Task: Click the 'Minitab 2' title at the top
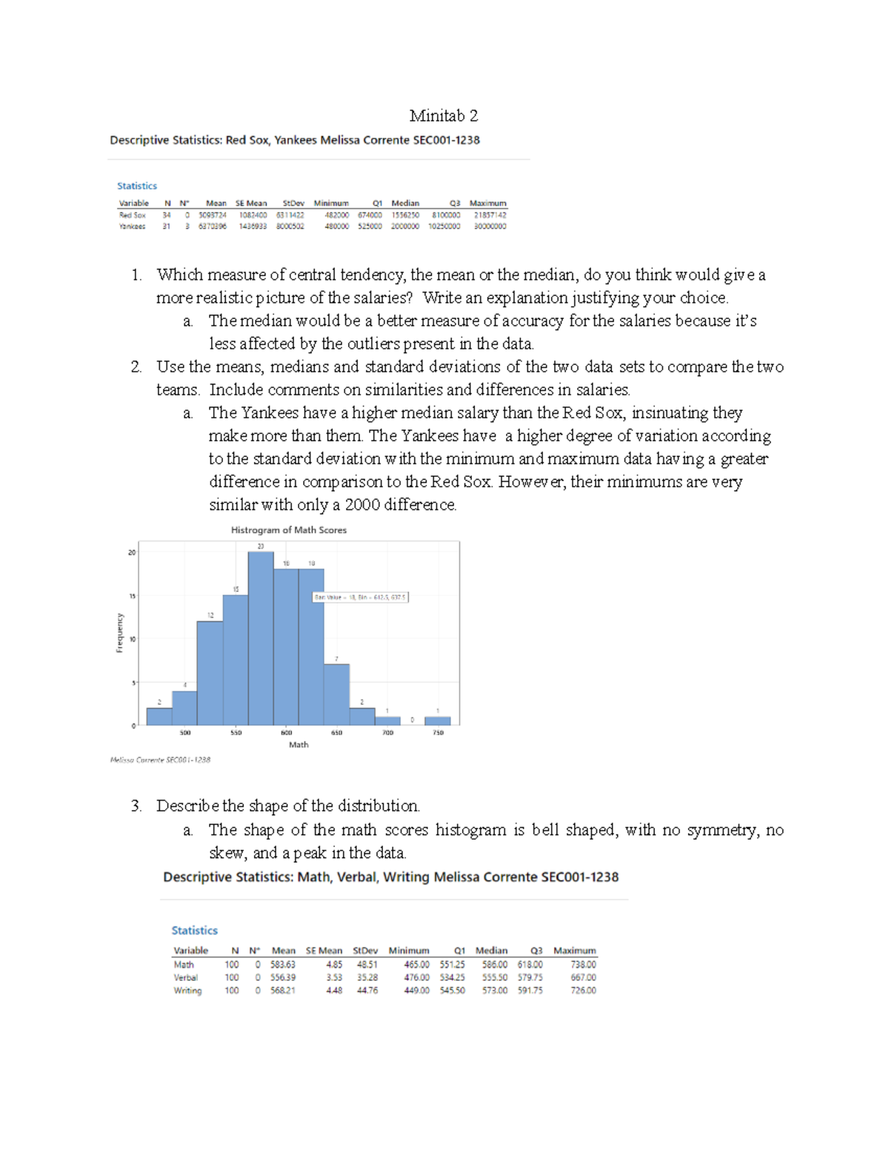[x=443, y=116]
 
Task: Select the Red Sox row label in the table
[x=132, y=215]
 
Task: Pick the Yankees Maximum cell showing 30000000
[x=490, y=227]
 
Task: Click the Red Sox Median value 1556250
[x=405, y=215]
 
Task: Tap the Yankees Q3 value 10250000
[x=444, y=227]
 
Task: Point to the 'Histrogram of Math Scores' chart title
[x=288, y=530]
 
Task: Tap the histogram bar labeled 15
[x=236, y=659]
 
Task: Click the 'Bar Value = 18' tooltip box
[x=361, y=597]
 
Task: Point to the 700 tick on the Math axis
[x=387, y=733]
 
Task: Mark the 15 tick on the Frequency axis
[x=132, y=595]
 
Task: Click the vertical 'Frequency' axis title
[x=119, y=633]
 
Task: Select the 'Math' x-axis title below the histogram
[x=299, y=745]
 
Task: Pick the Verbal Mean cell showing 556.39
[x=283, y=977]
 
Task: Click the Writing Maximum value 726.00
[x=583, y=991]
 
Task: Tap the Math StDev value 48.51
[x=365, y=965]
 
